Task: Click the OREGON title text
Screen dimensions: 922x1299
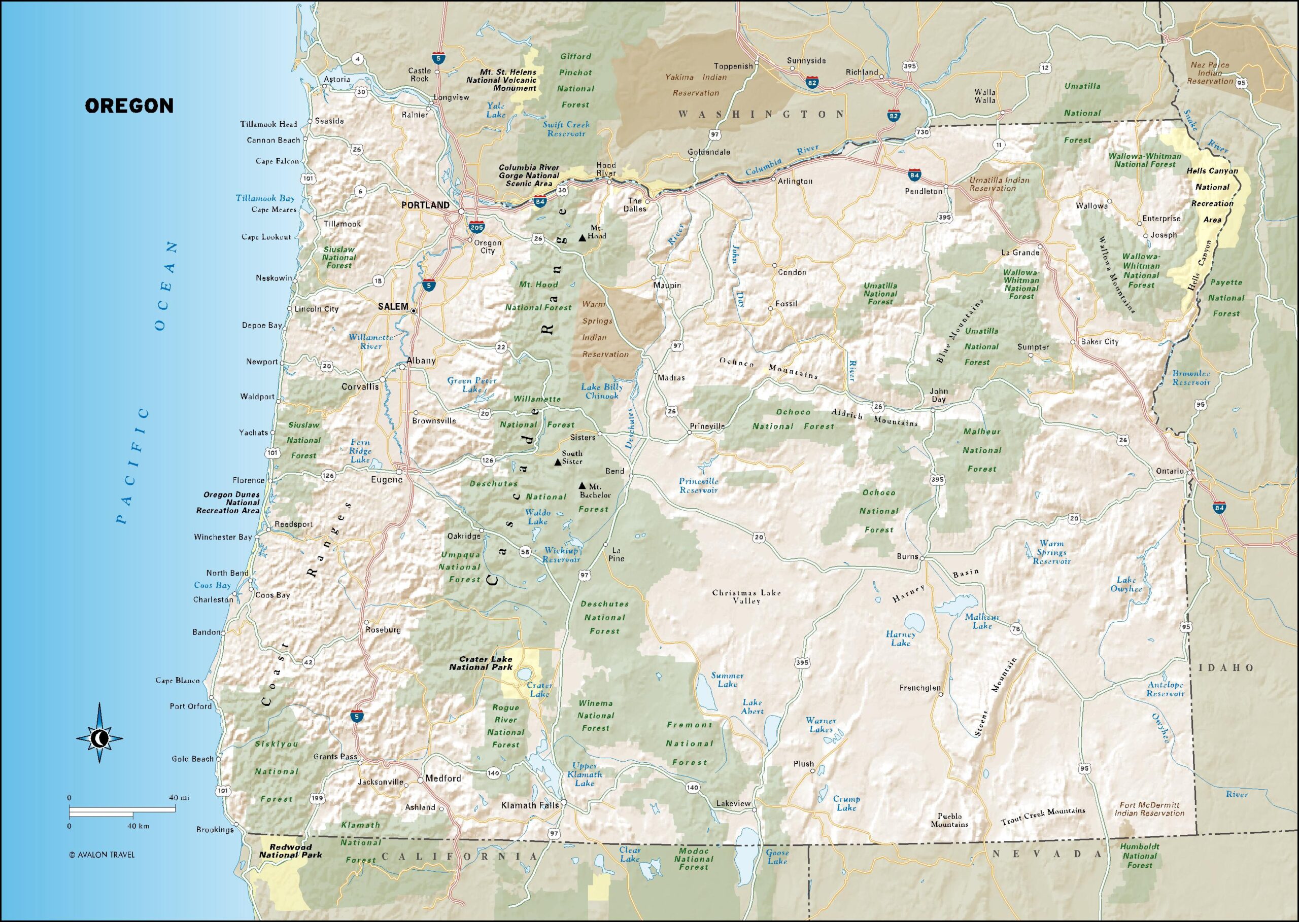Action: (129, 105)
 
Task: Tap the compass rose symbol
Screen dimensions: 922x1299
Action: (99, 738)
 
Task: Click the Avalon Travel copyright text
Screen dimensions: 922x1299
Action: (101, 855)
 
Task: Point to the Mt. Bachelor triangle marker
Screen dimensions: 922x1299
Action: (582, 486)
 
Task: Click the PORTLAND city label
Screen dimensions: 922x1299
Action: (425, 205)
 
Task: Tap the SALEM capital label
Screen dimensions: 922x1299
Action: (393, 307)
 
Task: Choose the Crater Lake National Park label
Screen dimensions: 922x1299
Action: (481, 663)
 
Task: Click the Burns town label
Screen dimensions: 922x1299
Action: (907, 556)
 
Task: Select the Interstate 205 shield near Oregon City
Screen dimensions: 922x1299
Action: (476, 228)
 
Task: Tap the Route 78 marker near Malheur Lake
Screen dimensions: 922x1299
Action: (1015, 628)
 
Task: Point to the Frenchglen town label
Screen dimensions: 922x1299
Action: (919, 688)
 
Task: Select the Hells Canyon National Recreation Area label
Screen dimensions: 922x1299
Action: (1212, 195)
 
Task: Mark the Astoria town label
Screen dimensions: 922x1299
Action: (337, 80)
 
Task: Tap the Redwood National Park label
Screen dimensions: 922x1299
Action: (290, 850)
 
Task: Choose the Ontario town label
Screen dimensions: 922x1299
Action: (1170, 471)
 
